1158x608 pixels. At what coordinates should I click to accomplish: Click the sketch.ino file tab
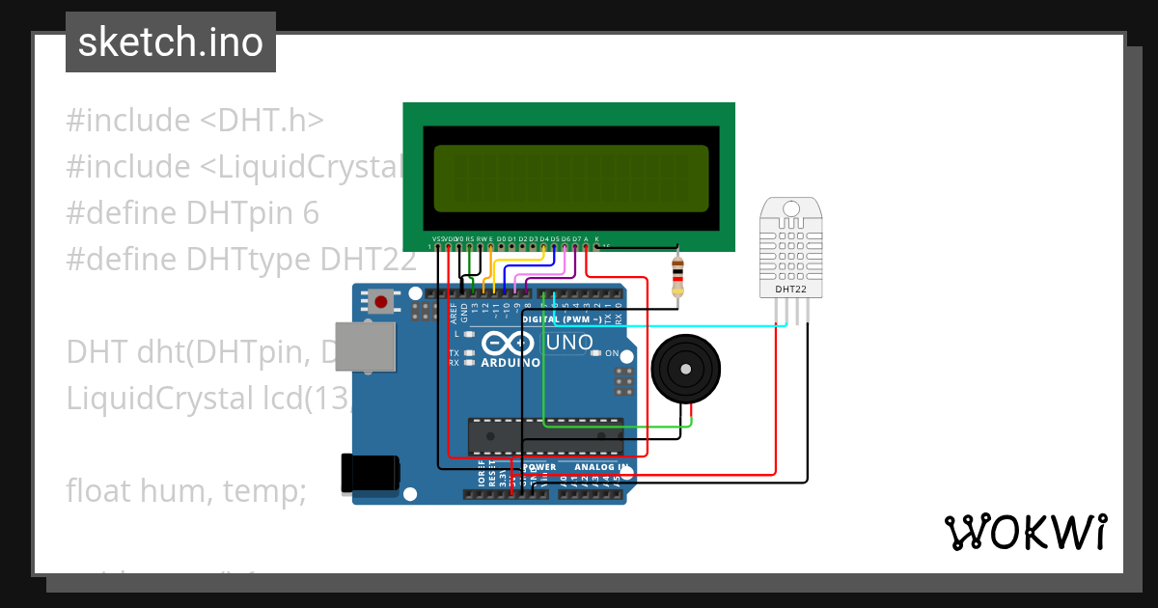point(171,42)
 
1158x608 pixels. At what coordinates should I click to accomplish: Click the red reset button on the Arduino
point(381,302)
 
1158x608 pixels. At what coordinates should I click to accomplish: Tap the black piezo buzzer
point(686,368)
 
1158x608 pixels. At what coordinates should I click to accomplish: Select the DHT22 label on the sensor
point(792,289)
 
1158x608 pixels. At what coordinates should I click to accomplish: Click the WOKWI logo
point(1025,532)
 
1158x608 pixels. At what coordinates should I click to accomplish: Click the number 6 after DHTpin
point(310,213)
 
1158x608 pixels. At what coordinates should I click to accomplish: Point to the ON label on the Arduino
point(612,353)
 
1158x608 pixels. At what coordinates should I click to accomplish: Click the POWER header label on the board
point(538,467)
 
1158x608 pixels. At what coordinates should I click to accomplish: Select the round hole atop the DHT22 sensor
point(792,208)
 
